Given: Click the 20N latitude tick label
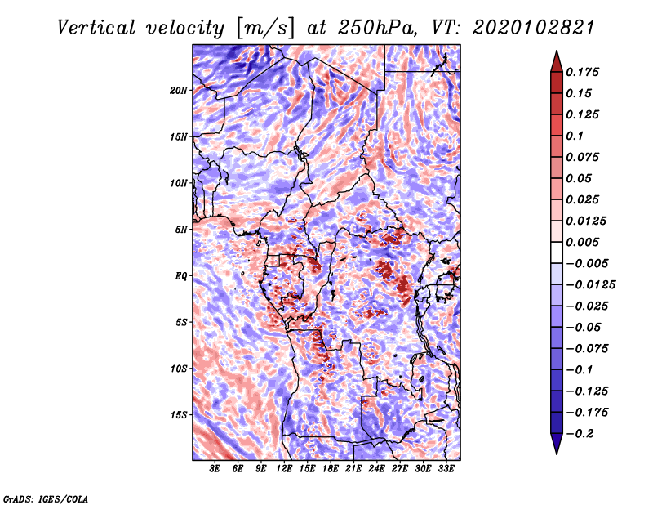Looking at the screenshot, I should coord(179,90).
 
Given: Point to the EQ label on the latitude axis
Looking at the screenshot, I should coord(180,276).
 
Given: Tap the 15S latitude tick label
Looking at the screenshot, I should coord(179,415).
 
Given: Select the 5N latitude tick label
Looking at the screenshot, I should coord(181,230).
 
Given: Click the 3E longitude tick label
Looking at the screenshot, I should coord(215,469).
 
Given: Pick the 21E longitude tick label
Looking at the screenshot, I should coord(354,469).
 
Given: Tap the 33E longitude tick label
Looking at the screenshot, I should coord(446,469).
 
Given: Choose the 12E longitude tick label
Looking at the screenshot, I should coord(285,469).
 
